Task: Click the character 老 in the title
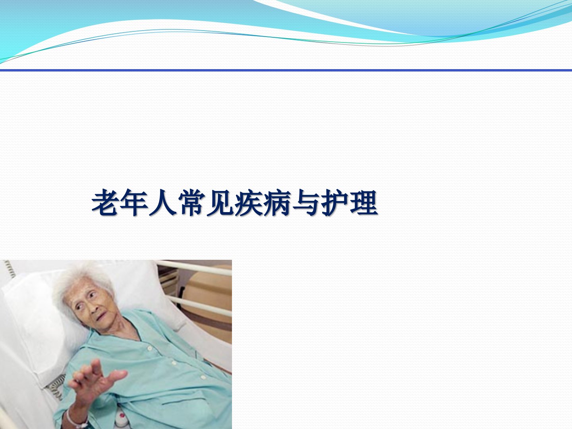104,203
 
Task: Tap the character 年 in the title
133,203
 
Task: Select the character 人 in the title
162,203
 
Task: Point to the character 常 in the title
191,203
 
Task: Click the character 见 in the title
219,203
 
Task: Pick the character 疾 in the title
248,203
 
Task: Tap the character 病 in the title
276,203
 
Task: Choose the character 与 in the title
305,203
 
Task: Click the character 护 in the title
334,203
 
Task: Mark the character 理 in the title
363,203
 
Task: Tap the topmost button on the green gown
150,348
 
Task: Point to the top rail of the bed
194,268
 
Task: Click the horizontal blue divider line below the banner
286,70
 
